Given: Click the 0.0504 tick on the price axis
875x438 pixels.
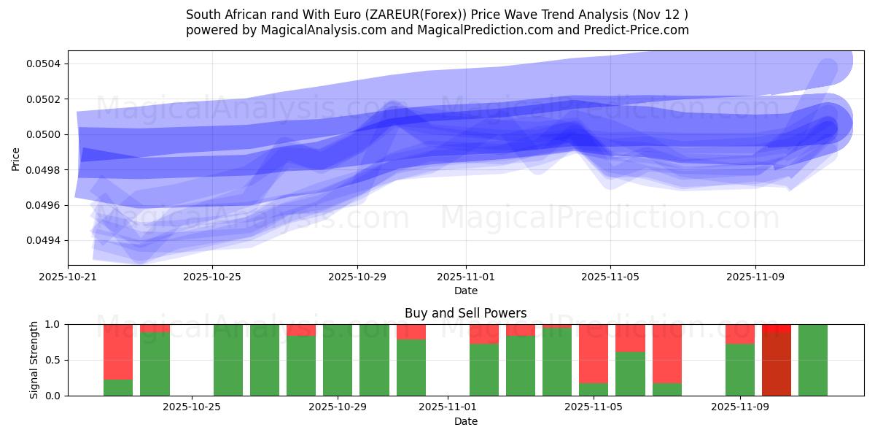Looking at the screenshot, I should (x=45, y=64).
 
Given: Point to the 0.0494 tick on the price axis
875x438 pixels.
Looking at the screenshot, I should (x=45, y=241).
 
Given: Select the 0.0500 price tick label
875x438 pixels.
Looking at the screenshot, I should (x=45, y=134).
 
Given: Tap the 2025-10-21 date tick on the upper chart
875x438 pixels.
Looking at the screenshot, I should (x=69, y=277).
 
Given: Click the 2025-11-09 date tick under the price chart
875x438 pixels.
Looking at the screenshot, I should (x=755, y=277).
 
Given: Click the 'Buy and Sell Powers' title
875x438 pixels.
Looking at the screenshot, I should (x=466, y=313).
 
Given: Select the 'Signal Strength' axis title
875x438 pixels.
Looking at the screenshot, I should (x=34, y=360).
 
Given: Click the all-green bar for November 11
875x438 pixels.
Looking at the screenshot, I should (x=813, y=360).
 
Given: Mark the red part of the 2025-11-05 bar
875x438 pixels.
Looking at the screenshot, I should (x=594, y=353).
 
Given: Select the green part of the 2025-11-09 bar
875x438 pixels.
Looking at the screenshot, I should (x=740, y=370).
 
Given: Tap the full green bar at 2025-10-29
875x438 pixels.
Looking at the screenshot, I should (x=338, y=360).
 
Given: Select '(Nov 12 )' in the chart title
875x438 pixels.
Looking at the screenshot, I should (x=660, y=15).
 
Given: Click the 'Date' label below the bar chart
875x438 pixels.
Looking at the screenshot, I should (x=466, y=421).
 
